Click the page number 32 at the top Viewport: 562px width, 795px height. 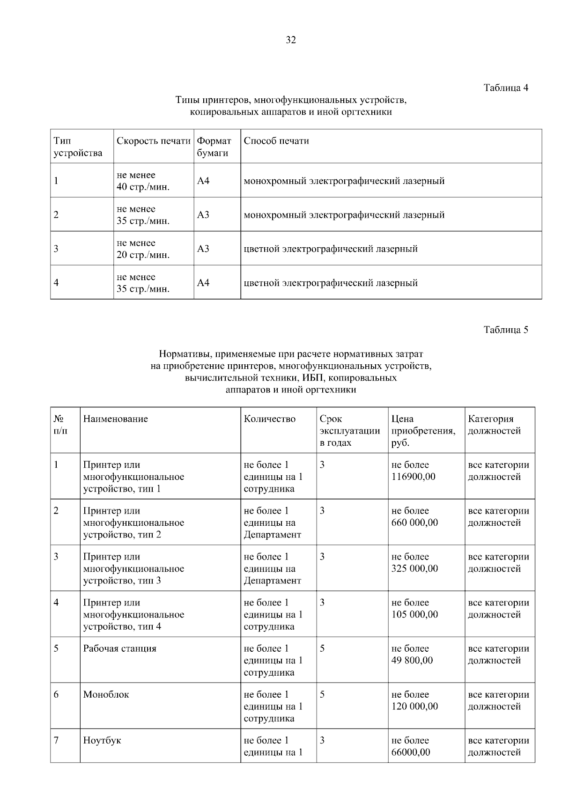click(x=290, y=40)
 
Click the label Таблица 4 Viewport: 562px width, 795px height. click(x=506, y=88)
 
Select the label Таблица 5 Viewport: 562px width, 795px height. click(x=506, y=330)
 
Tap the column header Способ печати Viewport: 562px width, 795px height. click(x=276, y=141)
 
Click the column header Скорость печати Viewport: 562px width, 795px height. click(x=153, y=141)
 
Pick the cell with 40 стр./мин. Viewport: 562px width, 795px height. click(x=143, y=187)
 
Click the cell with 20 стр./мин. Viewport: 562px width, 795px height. click(x=143, y=255)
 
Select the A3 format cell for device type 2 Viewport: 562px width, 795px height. click(x=203, y=215)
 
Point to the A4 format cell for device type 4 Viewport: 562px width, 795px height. click(x=203, y=283)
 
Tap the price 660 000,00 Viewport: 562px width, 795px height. click(x=414, y=523)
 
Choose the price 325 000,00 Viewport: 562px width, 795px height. click(x=414, y=568)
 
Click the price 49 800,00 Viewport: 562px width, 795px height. click(x=412, y=660)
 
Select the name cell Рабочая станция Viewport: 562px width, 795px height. click(x=119, y=648)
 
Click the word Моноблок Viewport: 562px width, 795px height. click(x=106, y=694)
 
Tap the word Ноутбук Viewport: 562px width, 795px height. click(x=102, y=740)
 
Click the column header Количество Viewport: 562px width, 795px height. click(x=270, y=419)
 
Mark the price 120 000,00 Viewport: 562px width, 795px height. click(x=414, y=706)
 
